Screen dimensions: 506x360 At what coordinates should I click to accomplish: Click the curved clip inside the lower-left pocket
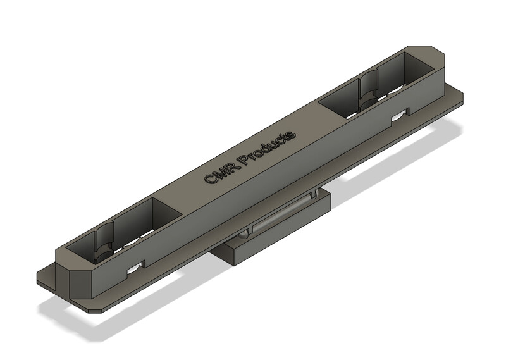tap(104, 240)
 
